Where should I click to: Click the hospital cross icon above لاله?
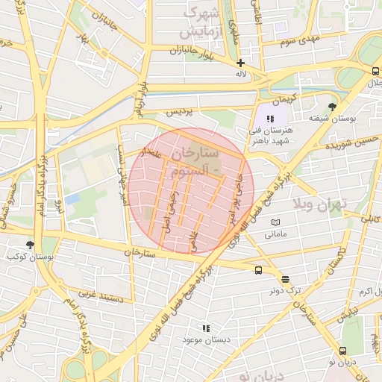tap(240, 63)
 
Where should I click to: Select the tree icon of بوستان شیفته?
tap(332, 107)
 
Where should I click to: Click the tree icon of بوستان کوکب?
tap(30, 245)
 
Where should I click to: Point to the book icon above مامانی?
tap(276, 223)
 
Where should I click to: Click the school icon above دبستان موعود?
tap(206, 328)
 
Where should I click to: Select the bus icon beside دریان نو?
tap(342, 351)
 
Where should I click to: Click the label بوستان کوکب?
tap(30, 257)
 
